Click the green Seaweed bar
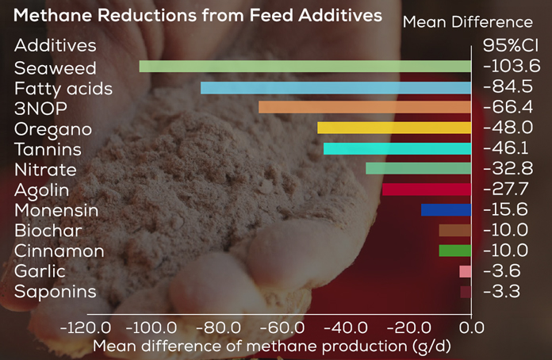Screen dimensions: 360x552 coord(305,67)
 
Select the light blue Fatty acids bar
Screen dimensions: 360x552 coord(336,87)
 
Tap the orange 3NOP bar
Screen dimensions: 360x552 coord(365,107)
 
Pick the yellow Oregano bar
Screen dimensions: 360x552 coord(394,128)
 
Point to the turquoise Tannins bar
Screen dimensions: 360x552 coord(397,148)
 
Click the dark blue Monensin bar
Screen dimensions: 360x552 coord(447,210)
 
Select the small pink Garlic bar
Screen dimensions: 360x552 coord(466,271)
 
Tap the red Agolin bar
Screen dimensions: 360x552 coord(427,190)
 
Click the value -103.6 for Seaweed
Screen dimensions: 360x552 coord(511,67)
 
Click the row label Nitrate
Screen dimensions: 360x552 coord(45,170)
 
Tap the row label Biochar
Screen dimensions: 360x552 coord(48,231)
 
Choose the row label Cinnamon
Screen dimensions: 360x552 coord(59,251)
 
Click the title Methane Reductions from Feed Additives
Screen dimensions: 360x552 coord(197,15)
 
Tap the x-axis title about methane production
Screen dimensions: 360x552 coord(272,346)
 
